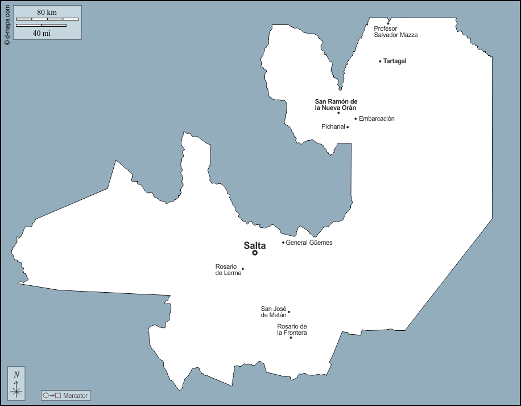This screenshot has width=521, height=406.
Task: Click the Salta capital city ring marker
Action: pyautogui.click(x=255, y=253)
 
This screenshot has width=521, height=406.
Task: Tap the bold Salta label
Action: pyautogui.click(x=255, y=245)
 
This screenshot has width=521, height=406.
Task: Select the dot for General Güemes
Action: pyautogui.click(x=283, y=243)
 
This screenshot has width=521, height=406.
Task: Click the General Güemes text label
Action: pyautogui.click(x=309, y=243)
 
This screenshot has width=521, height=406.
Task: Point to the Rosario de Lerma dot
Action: pyautogui.click(x=243, y=269)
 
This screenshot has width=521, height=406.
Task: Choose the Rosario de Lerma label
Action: pyautogui.click(x=228, y=269)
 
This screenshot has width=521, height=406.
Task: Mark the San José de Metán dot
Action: pyautogui.click(x=289, y=311)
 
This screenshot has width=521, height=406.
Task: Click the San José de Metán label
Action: pyautogui.click(x=273, y=311)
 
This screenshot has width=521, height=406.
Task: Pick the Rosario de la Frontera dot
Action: pyautogui.click(x=291, y=338)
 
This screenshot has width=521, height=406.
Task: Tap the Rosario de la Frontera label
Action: pyautogui.click(x=292, y=329)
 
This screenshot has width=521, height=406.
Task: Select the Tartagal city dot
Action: pyautogui.click(x=380, y=61)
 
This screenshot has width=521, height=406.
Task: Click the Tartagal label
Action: pyautogui.click(x=395, y=61)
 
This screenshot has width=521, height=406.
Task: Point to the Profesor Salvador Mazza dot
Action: pyautogui.click(x=388, y=23)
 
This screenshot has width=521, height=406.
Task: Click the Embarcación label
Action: pyautogui.click(x=377, y=118)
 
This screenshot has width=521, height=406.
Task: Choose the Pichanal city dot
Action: pyautogui.click(x=348, y=127)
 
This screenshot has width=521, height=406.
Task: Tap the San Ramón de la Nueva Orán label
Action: pyautogui.click(x=336, y=104)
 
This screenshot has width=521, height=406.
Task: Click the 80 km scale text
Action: pyautogui.click(x=47, y=13)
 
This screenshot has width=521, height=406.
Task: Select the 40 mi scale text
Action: pyautogui.click(x=42, y=33)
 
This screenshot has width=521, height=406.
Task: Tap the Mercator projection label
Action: pyautogui.click(x=76, y=395)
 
